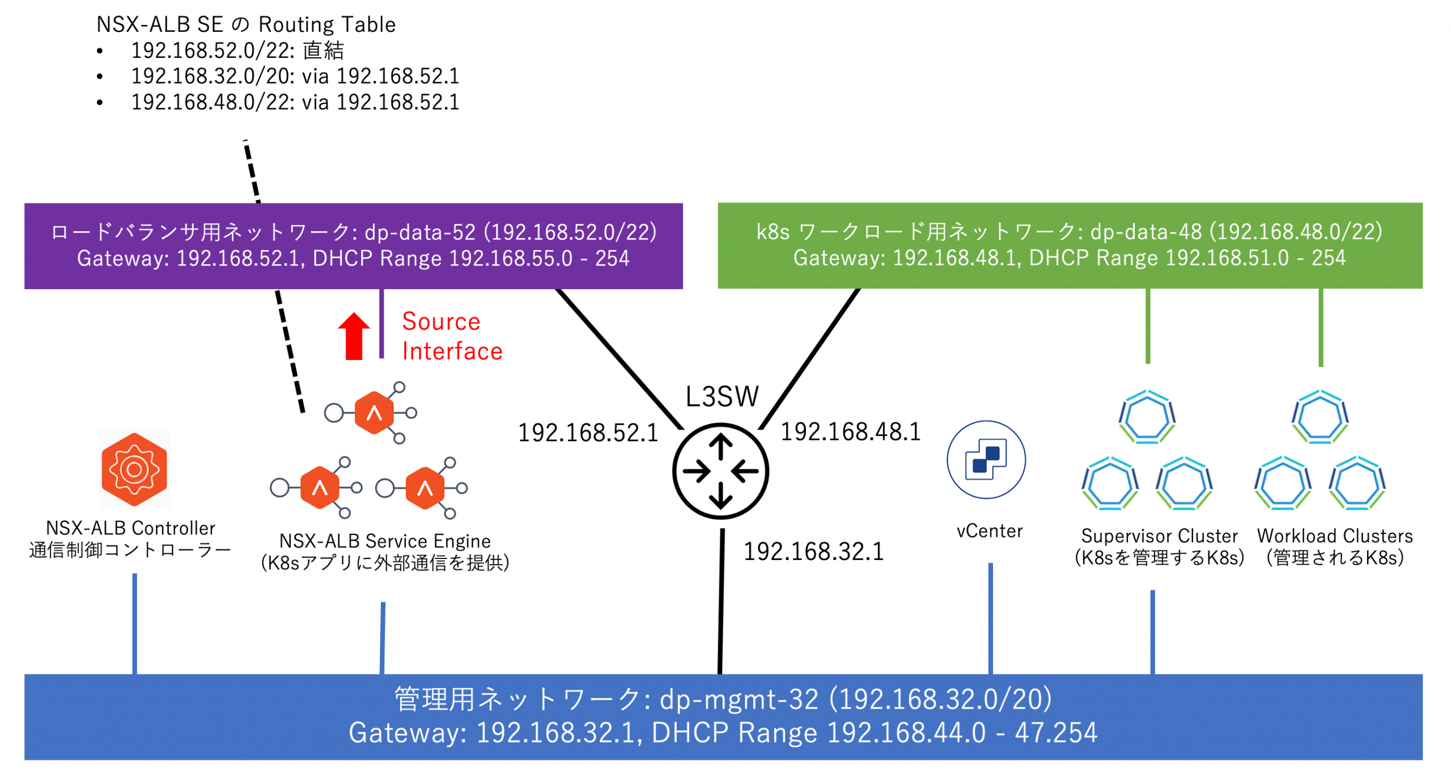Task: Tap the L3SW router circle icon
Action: point(720,471)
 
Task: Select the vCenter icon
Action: point(986,459)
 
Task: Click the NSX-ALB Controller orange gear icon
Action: point(134,469)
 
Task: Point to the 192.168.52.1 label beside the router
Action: point(588,433)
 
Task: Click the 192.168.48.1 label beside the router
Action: point(850,432)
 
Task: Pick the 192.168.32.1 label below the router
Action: point(813,552)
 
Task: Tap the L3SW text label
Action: point(722,396)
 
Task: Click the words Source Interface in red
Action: point(452,336)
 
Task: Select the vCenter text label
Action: point(990,531)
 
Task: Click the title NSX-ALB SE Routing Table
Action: point(246,24)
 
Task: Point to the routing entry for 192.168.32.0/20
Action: point(295,76)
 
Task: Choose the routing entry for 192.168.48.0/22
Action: point(295,102)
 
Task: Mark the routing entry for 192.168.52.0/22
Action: point(237,50)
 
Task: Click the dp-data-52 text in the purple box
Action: point(419,232)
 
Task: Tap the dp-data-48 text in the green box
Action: point(1145,231)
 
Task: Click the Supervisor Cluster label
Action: point(1159,536)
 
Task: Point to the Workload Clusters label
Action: point(1335,536)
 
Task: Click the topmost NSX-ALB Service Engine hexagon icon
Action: point(374,413)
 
